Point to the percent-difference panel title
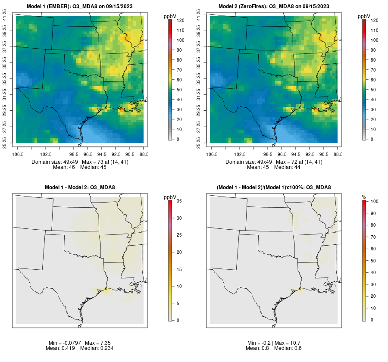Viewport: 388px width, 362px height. click(274, 187)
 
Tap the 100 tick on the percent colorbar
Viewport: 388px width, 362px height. click(375, 201)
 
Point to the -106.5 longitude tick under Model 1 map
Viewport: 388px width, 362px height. click(16, 154)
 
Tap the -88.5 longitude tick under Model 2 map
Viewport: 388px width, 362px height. click(338, 154)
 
